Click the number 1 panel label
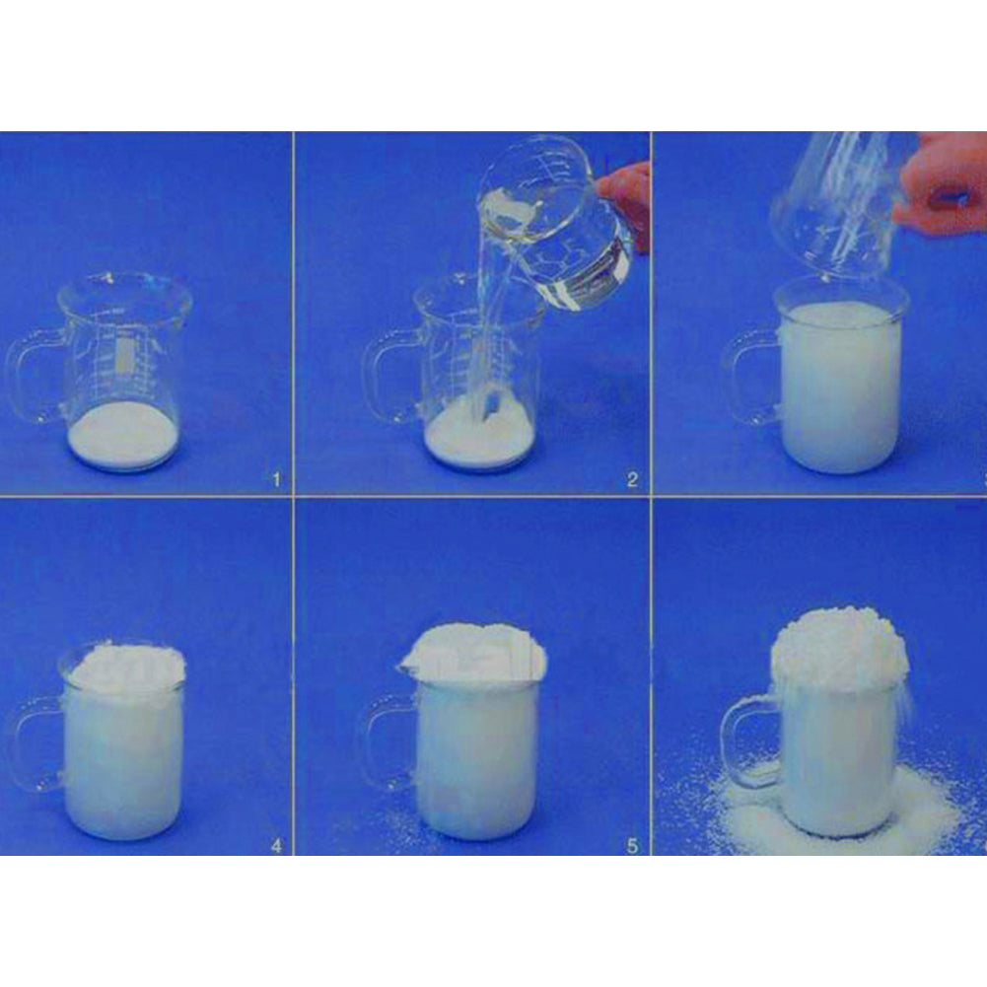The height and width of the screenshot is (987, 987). (x=276, y=480)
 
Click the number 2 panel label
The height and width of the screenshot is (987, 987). (x=632, y=480)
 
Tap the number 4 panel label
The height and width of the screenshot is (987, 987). (x=276, y=845)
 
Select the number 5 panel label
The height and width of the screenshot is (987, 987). (x=632, y=845)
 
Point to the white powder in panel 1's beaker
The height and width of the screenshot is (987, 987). (x=123, y=434)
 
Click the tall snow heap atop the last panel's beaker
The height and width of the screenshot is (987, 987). (x=838, y=646)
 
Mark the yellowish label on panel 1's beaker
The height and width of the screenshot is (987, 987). (x=123, y=355)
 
